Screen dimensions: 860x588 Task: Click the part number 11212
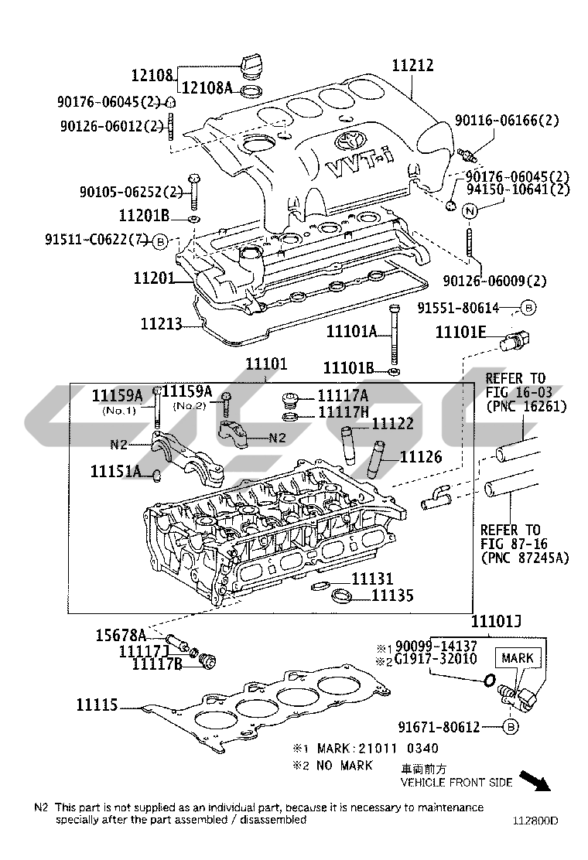[x=412, y=66]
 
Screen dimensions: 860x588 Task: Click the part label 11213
[x=161, y=322]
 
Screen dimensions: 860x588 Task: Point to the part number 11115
[x=97, y=705]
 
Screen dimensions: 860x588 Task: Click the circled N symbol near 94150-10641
[x=469, y=210]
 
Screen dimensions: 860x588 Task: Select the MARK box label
[x=518, y=658]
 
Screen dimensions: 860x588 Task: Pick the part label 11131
[x=372, y=578]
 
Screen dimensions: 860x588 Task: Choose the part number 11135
[x=392, y=596]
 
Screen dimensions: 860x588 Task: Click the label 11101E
[x=460, y=332]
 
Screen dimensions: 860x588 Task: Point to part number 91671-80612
[x=439, y=727]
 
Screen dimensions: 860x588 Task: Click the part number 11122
[x=393, y=424]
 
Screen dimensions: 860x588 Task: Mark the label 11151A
[x=115, y=471]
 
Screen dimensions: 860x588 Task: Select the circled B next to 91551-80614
[x=526, y=308]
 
